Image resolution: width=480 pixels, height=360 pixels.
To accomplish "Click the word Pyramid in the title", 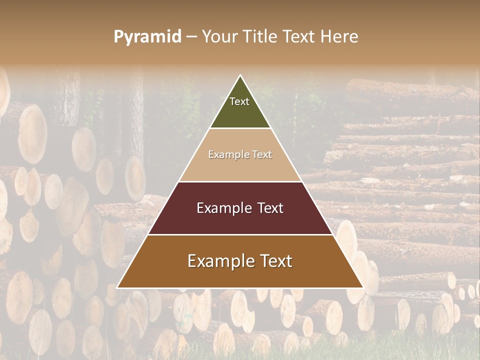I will pos(147,37).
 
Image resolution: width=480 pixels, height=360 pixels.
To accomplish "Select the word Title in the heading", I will pos(259,37).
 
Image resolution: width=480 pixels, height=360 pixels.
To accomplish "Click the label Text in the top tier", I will pos(239,101).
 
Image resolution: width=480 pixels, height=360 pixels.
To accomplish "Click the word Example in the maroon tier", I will pos(219,208).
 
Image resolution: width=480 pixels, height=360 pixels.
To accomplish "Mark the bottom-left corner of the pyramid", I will pos(118,287).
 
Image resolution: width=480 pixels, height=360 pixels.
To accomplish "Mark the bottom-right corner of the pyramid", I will pos(362,287).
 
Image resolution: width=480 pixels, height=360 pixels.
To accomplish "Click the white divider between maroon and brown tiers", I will pos(240,234).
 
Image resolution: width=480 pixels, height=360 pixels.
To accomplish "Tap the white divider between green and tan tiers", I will pos(240,128).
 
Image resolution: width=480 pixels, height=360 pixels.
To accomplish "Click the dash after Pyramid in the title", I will pos(191,37).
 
